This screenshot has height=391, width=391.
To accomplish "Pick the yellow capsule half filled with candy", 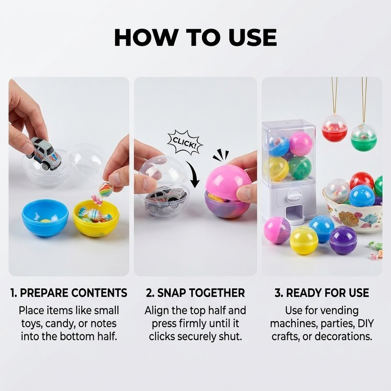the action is [96, 217].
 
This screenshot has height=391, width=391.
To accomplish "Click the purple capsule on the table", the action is [344, 240].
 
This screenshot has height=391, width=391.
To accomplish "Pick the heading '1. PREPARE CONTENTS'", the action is [69, 293].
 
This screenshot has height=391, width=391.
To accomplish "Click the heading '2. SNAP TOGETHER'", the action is [195, 293].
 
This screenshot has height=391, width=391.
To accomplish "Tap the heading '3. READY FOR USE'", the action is [322, 293].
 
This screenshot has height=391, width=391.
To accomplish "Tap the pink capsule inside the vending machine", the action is [301, 144].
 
